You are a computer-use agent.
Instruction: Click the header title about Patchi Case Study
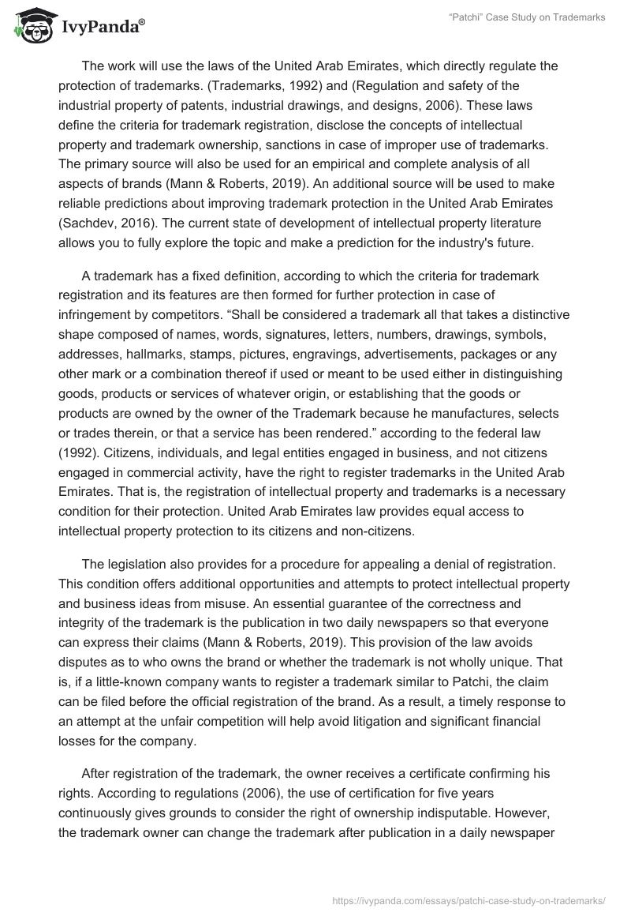pos(527,17)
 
